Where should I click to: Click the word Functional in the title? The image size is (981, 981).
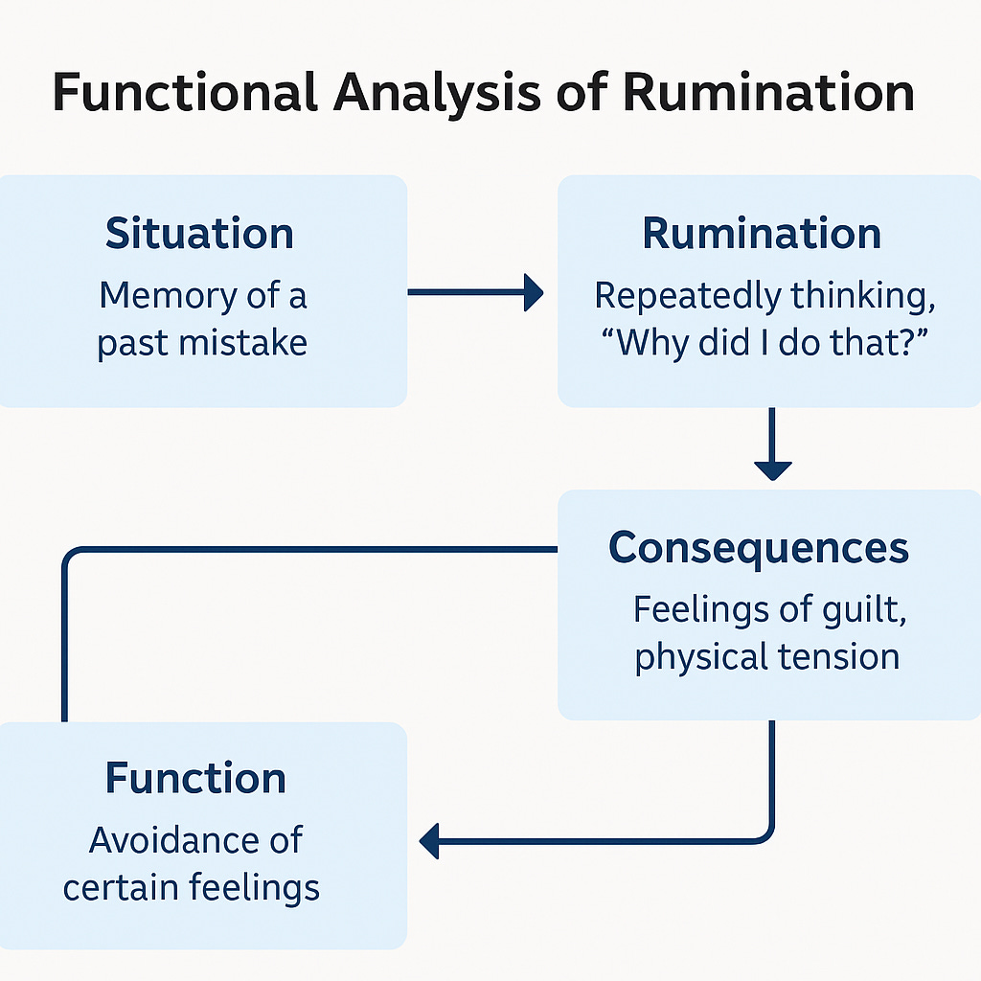(x=182, y=93)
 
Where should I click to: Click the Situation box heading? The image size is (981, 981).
(x=199, y=234)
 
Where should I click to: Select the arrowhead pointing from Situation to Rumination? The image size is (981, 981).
(x=533, y=292)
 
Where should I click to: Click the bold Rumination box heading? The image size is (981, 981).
(x=762, y=234)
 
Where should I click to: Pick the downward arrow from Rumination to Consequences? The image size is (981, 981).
(x=772, y=468)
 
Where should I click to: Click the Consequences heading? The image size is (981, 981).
(x=759, y=548)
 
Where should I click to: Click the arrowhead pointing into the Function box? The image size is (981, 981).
(x=428, y=842)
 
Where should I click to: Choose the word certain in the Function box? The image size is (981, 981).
(x=120, y=887)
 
